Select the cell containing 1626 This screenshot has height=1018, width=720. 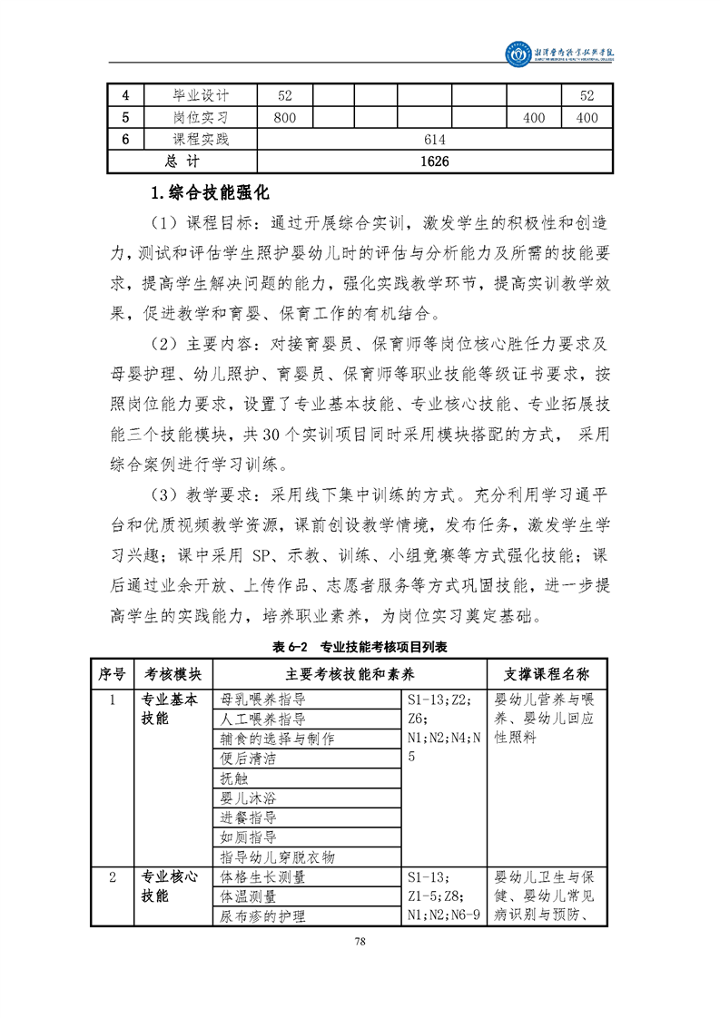435,162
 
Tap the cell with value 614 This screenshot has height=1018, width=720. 435,140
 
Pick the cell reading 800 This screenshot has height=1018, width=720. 285,118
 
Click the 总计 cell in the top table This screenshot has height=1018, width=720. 182,162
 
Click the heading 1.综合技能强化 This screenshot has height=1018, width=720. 210,192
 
